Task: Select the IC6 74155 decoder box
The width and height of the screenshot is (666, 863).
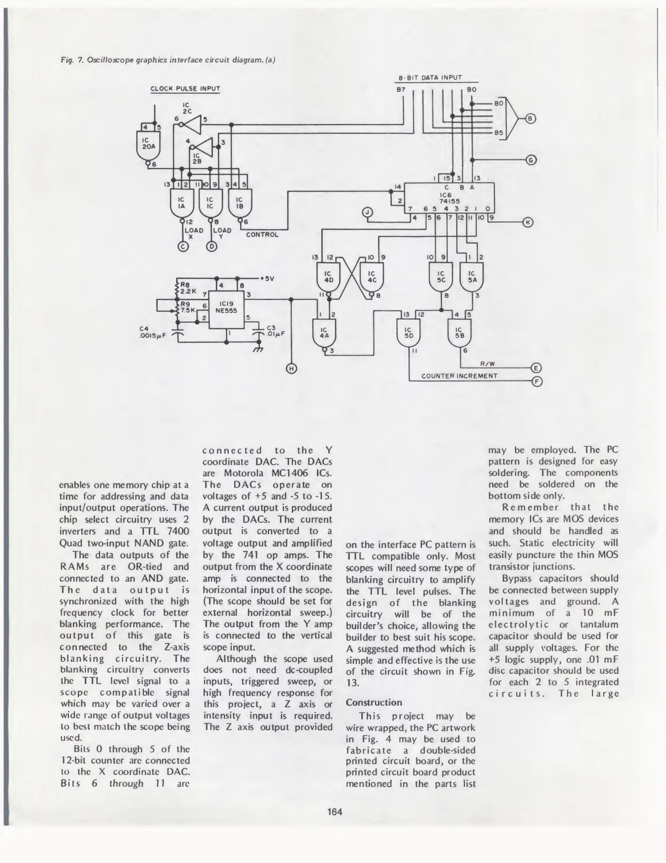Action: click(449, 198)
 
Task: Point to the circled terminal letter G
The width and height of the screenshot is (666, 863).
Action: click(531, 160)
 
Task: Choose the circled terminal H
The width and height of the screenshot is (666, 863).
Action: click(291, 369)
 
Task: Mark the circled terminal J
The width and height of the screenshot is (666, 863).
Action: click(367, 213)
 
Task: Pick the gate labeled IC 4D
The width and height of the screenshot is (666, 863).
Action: click(328, 278)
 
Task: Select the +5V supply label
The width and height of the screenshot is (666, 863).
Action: click(266, 278)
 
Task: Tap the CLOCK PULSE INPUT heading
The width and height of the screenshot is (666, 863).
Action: click(185, 89)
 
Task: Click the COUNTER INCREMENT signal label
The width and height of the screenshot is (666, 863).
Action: click(459, 376)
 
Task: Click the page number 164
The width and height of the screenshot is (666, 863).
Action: click(335, 811)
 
